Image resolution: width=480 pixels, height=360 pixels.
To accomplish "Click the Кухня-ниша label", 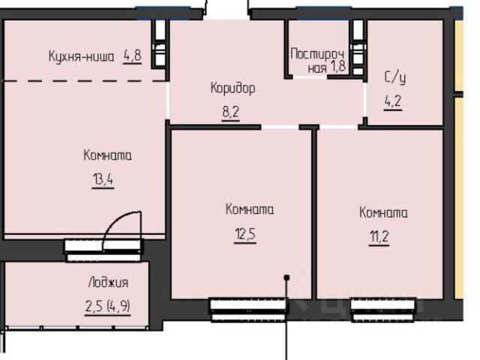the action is [82, 57].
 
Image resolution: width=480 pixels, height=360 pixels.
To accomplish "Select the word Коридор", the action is [233, 88].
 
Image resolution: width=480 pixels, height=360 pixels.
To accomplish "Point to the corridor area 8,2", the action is [230, 112].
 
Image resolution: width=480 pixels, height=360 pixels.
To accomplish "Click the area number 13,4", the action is [103, 179].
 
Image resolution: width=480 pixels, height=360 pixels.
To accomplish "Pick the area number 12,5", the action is [245, 235].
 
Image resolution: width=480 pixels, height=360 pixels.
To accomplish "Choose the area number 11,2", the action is [379, 236].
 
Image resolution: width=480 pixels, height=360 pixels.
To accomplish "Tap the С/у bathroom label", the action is [395, 77].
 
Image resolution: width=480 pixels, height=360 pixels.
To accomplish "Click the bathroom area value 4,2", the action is [393, 101].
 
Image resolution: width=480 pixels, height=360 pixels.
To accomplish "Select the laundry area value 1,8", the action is [337, 67].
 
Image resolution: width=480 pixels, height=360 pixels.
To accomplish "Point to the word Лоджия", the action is [108, 283].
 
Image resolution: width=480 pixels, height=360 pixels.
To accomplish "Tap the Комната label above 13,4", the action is [108, 155].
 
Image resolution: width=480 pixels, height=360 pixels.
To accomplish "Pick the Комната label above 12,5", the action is [250, 209].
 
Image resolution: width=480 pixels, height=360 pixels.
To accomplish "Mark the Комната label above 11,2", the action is [383, 212].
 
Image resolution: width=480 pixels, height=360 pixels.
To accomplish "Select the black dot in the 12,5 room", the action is [286, 277].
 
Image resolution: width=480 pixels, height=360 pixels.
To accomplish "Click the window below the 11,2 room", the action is [383, 310].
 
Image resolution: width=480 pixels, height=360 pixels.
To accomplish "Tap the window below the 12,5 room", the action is [249, 310].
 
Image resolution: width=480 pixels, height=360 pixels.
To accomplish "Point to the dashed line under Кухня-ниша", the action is [84, 81].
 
